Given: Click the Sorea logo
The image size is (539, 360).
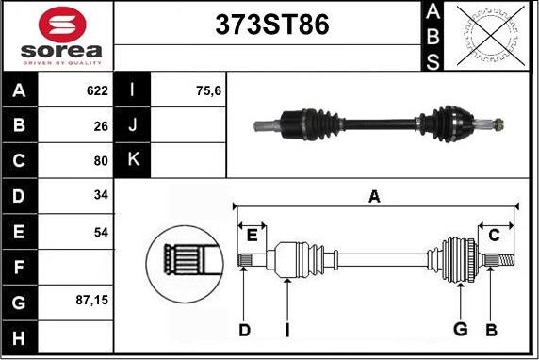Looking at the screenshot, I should point(57,36).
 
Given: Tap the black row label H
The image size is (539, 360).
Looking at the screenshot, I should point(19,337).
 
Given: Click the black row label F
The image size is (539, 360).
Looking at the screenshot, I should point(19,267).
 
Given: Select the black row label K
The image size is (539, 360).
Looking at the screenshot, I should point(132,160).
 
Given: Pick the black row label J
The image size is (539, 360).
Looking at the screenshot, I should point(132,125).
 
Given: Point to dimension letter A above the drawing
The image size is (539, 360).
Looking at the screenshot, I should point(374,196).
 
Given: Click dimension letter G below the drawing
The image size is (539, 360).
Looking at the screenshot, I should point(461,329).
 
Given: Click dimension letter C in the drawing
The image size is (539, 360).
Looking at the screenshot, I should point(493,236).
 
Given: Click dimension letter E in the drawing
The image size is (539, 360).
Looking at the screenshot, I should point(252,236).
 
